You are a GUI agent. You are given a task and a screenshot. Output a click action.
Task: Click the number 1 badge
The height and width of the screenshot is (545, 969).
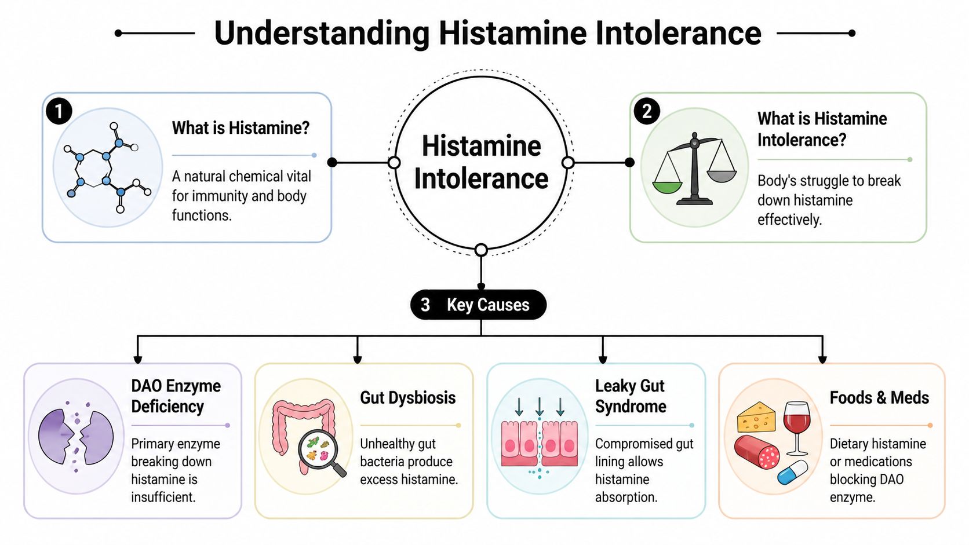tap(59, 111)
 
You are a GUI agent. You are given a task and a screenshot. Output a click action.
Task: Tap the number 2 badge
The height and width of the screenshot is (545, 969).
tap(647, 111)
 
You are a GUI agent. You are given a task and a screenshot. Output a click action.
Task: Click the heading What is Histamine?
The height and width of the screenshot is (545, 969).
tap(241, 128)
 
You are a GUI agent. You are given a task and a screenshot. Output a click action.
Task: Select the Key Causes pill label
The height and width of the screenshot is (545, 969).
tap(479, 305)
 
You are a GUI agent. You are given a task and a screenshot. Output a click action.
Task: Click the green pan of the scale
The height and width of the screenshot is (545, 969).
tap(668, 186)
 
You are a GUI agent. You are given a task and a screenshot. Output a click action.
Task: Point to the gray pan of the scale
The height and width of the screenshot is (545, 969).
tap(722, 175)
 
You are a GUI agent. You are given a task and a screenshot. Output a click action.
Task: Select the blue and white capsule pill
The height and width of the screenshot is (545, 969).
tap(792, 472)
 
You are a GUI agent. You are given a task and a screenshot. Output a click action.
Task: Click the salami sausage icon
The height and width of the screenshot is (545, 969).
tap(757, 452)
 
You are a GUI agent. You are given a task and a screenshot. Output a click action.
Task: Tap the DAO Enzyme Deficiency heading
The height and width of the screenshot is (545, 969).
tap(176, 396)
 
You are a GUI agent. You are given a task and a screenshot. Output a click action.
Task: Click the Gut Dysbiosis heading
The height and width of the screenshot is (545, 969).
tap(407, 398)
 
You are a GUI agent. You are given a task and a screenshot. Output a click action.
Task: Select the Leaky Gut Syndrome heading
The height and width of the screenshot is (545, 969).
tap(630, 396)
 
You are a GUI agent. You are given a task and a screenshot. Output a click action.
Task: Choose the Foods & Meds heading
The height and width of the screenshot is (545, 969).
tap(879, 398)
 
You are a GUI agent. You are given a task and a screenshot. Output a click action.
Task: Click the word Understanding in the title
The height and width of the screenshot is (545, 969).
tap(322, 33)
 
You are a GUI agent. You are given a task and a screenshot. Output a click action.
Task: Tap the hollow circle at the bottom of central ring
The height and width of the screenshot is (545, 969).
tap(481, 250)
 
